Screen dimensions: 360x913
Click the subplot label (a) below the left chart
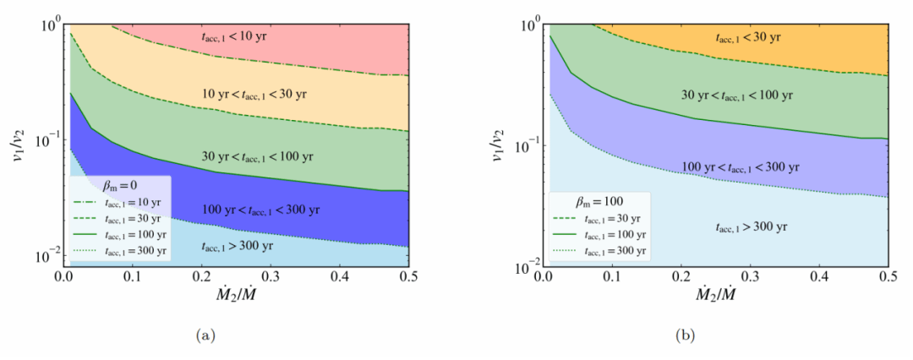204,335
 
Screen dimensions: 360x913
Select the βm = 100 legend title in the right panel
595,201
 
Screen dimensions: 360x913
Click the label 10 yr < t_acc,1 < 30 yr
253,92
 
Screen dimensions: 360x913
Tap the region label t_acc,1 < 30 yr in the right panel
743,37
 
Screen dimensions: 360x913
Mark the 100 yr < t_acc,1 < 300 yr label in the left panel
257,209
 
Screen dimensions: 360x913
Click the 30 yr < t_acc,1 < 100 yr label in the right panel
737,95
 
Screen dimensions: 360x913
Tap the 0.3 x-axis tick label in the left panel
271,277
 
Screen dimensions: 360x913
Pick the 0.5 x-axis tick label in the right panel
887,277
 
